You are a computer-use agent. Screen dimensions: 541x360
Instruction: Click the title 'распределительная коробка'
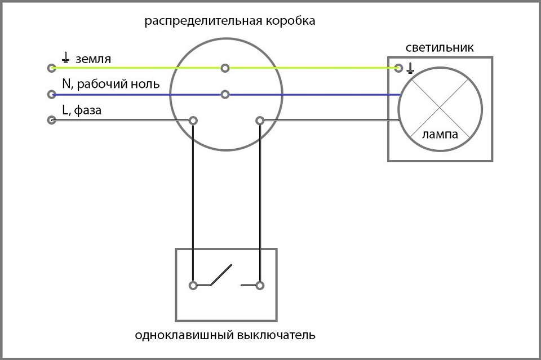click(230, 21)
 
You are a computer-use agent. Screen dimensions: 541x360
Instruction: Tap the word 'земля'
click(93, 59)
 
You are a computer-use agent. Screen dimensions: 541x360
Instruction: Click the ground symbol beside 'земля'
click(65, 57)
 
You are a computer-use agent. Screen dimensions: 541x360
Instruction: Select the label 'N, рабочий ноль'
click(111, 85)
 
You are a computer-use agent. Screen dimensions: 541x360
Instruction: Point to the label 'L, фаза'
click(82, 110)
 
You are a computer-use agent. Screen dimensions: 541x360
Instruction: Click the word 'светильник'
click(440, 47)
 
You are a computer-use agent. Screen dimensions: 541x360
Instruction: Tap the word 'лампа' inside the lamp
click(440, 135)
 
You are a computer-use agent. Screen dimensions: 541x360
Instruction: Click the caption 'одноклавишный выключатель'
click(225, 335)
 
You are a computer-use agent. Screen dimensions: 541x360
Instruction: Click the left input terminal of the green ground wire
click(52, 68)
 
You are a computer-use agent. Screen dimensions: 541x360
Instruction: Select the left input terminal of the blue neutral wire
click(52, 94)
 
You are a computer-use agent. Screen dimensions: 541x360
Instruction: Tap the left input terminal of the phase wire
click(52, 121)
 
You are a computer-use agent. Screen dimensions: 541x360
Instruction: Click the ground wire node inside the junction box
click(225, 68)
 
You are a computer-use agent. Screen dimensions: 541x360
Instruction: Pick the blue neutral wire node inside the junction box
click(225, 94)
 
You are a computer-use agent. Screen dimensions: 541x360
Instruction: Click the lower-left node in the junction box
click(193, 121)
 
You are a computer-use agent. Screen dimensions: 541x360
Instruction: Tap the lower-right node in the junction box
click(260, 121)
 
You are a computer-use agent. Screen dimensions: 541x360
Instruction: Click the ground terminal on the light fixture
click(398, 68)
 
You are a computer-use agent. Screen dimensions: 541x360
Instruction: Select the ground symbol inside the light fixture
click(410, 68)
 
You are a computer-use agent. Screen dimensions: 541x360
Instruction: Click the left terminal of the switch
click(193, 286)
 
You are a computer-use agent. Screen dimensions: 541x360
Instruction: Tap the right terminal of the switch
click(260, 286)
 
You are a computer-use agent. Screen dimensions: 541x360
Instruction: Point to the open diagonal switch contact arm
click(221, 275)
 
